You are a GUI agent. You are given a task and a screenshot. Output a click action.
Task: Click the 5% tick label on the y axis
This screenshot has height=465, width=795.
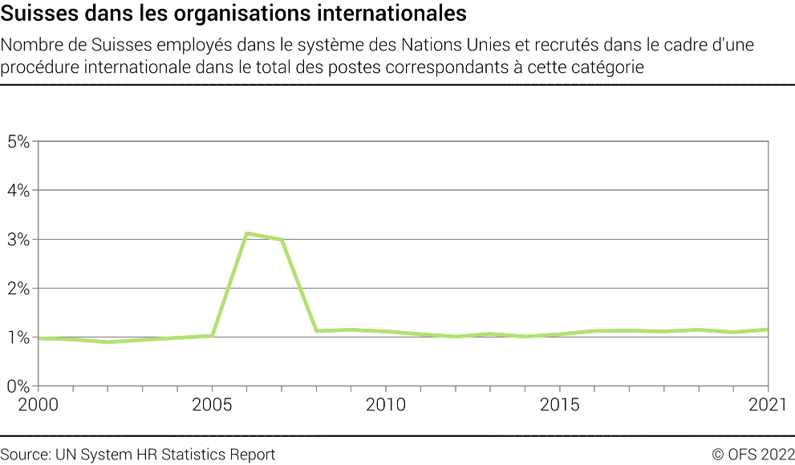click(17, 142)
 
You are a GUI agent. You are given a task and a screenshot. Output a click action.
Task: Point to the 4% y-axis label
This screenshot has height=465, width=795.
click(17, 191)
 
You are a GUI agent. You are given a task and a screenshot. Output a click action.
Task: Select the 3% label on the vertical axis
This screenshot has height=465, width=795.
click(17, 240)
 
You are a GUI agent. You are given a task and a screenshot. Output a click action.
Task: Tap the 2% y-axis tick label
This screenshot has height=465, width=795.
click(17, 289)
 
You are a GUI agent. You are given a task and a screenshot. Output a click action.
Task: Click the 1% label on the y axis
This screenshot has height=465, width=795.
click(17, 338)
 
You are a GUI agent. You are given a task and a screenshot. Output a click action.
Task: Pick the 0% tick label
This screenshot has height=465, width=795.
click(17, 386)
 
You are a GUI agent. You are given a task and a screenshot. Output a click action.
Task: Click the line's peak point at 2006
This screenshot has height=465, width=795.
click(247, 233)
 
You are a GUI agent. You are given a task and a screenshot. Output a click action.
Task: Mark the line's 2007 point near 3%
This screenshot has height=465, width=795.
click(282, 240)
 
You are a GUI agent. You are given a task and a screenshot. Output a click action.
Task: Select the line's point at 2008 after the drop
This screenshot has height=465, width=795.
click(316, 330)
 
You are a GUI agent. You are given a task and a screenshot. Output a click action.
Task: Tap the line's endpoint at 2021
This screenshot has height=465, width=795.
click(769, 330)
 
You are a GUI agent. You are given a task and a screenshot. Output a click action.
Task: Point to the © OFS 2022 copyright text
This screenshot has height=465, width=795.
click(752, 455)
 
